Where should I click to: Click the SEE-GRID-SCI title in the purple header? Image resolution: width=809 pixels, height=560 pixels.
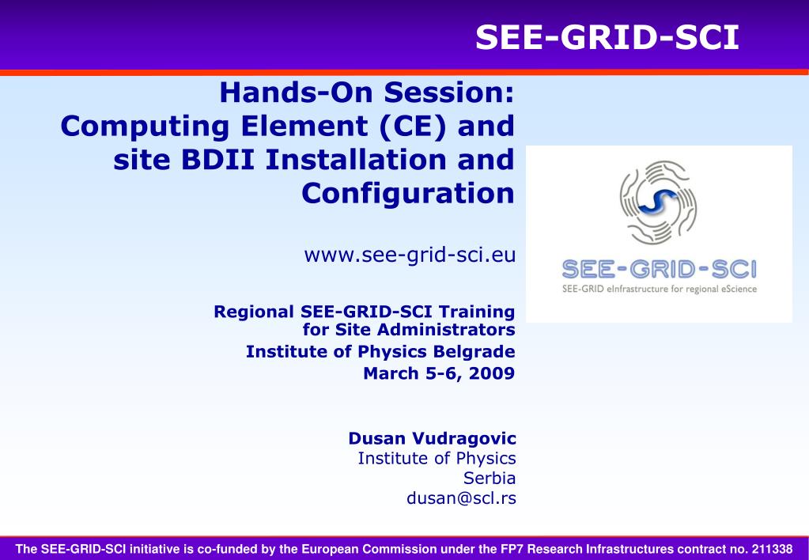point(607,38)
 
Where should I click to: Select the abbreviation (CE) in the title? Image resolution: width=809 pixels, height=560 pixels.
point(412,127)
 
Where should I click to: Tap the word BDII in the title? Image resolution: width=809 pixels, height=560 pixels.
point(217,160)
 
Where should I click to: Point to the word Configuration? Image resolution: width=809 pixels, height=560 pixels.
point(407,194)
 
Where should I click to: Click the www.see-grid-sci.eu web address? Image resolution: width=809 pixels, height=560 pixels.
point(410,255)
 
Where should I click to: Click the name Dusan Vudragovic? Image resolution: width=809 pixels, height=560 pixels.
point(432,438)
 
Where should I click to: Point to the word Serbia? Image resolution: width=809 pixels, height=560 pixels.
point(489,478)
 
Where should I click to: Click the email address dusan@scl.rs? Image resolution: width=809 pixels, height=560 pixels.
point(461,498)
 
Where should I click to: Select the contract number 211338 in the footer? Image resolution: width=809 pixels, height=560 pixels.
point(772,549)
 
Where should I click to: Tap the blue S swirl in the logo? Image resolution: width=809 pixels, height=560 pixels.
point(657,202)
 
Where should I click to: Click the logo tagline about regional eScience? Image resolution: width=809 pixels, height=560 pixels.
point(659,289)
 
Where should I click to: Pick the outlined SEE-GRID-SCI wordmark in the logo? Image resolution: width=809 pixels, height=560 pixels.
point(659,270)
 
